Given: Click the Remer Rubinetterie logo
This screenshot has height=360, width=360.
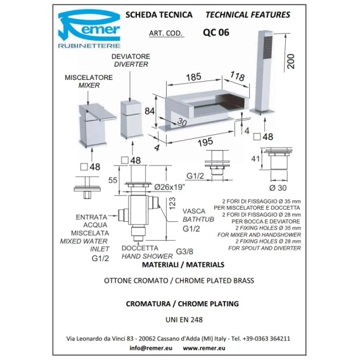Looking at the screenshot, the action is point(89,29).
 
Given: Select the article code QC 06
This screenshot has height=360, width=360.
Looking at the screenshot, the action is point(216,32).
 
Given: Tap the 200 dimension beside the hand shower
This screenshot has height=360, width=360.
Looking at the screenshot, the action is point(291,61).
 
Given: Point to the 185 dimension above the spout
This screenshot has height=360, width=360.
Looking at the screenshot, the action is point(194,77).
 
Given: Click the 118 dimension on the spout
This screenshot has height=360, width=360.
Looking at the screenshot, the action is point(238,76).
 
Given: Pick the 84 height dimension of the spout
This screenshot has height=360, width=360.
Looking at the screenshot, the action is point(150,111).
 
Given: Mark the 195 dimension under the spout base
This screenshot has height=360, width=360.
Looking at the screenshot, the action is point(205,142).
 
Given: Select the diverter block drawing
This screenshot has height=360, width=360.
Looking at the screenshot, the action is point(132,119).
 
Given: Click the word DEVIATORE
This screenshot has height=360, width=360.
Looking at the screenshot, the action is point(131,56).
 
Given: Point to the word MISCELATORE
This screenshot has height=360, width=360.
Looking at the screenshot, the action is point(89,77).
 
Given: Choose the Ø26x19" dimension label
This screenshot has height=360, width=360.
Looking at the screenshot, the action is point(170,187).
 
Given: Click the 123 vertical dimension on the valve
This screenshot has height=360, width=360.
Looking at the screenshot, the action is point(172,203).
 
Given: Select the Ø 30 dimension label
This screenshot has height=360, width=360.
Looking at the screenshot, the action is point(278,188).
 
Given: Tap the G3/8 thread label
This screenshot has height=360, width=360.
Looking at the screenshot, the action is point(184,252).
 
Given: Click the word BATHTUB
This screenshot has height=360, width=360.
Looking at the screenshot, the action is point(198,219).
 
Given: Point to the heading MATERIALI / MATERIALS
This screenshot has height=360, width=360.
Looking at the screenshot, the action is point(183,265).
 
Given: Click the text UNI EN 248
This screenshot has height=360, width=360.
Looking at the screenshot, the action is point(184,319).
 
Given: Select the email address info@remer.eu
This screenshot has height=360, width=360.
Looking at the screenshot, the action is point(151,348).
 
